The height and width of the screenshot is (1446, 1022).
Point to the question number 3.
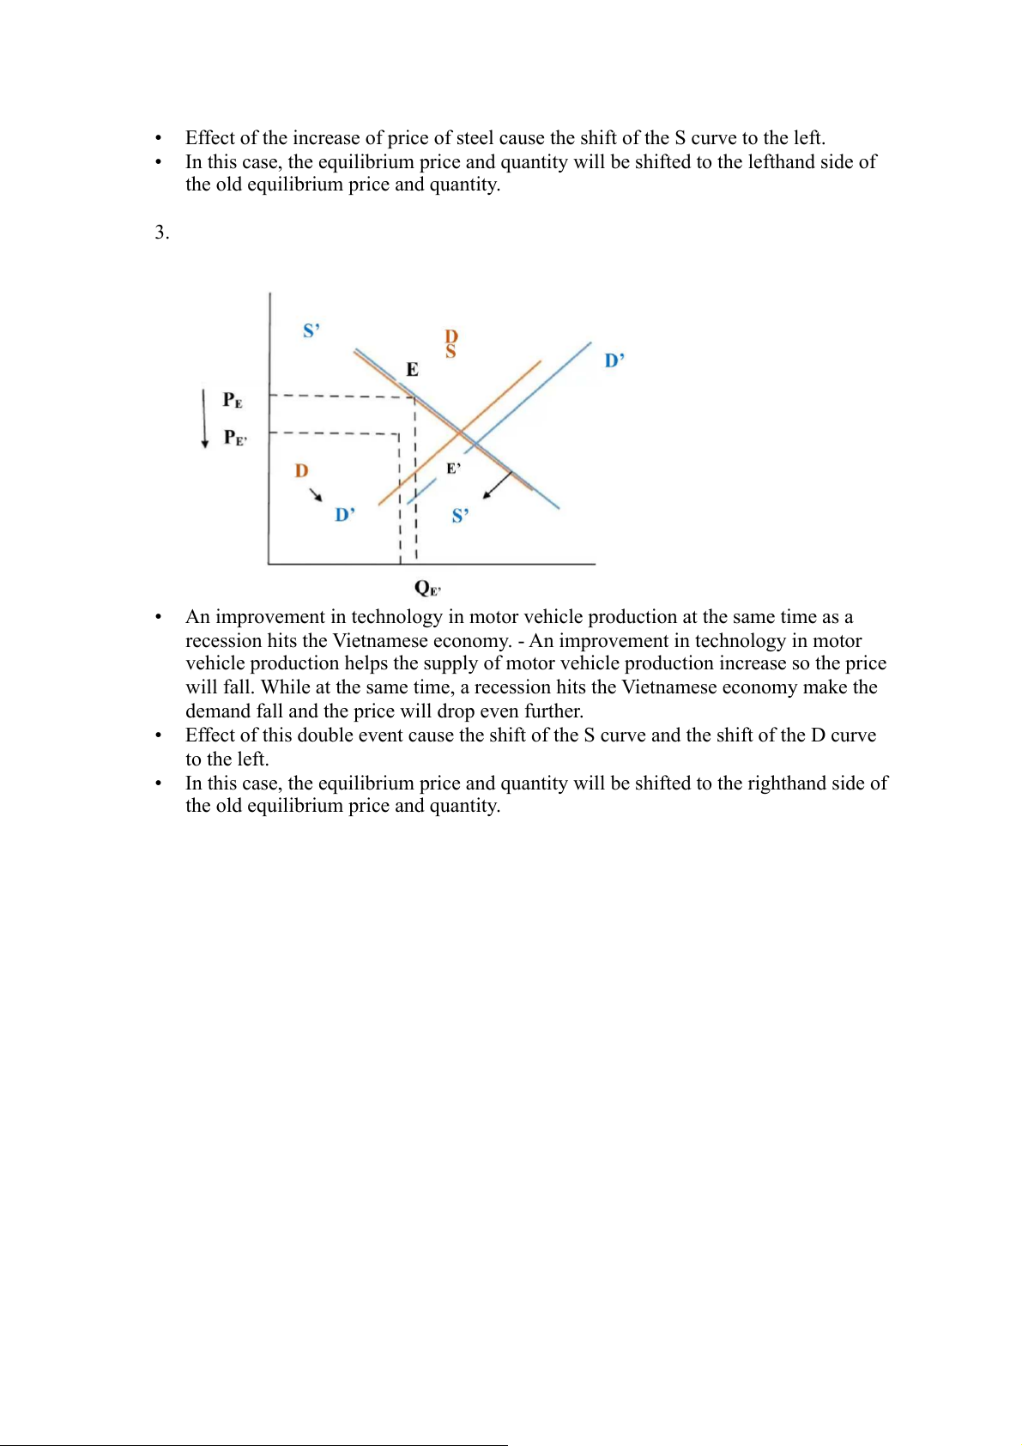161,233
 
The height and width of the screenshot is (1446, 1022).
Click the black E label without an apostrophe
412,370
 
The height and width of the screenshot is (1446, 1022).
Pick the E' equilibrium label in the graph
453,469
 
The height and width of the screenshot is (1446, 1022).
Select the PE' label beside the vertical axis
235,438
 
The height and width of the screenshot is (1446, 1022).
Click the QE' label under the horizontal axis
427,588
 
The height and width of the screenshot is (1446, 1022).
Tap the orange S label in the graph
451,352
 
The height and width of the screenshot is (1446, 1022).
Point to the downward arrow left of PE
204,418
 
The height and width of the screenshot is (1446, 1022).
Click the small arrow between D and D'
317,494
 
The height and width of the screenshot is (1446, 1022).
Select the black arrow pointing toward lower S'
498,485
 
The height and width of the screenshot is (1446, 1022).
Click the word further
555,711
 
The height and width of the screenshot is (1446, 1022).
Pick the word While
286,687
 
